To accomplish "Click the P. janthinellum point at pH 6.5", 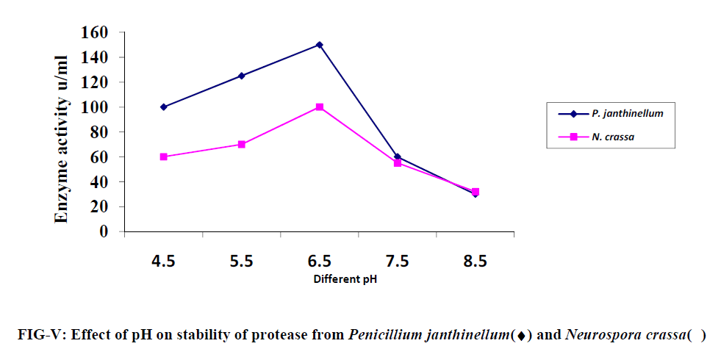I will [319, 45].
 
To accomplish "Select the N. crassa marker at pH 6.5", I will [319, 107].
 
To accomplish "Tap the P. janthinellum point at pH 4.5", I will [163, 107].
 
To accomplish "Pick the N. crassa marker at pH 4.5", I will [163, 156].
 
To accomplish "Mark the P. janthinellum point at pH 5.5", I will [241, 76].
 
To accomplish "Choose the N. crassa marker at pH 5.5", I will [241, 144].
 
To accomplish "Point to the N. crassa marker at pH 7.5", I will [398, 163].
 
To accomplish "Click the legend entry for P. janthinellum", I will [626, 113].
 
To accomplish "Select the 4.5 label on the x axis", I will [163, 262].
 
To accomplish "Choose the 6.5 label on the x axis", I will [319, 262].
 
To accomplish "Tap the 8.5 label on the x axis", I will [475, 262].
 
